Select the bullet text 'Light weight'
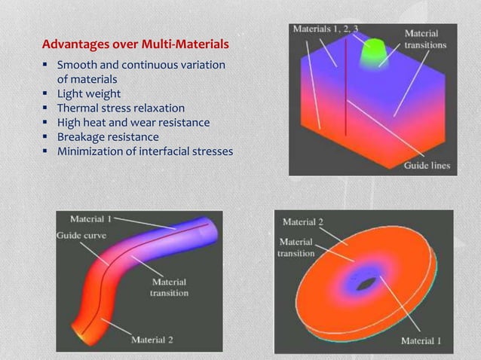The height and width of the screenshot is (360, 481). (x=89, y=94)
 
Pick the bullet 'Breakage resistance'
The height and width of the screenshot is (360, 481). (x=108, y=137)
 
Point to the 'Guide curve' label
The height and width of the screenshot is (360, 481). (x=81, y=235)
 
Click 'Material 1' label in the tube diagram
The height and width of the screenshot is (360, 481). (x=90, y=219)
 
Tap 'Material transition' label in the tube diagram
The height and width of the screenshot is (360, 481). (x=169, y=287)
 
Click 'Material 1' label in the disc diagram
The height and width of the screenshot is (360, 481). (x=421, y=340)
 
